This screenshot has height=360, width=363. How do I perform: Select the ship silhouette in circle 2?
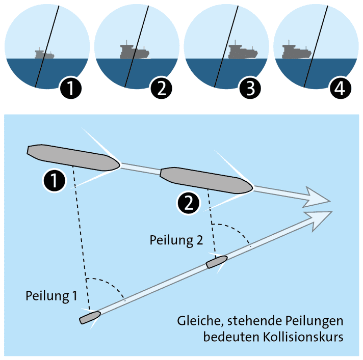(x=134, y=52)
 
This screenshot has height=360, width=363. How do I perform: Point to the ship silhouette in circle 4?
(x=296, y=52)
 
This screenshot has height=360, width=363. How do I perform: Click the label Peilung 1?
(x=49, y=295)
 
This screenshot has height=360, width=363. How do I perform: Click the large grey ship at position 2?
(x=206, y=180)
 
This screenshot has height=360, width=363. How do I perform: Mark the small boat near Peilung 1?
(x=90, y=318)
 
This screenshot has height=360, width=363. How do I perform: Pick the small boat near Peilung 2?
(x=217, y=262)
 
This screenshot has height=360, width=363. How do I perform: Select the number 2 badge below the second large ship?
(x=187, y=204)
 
